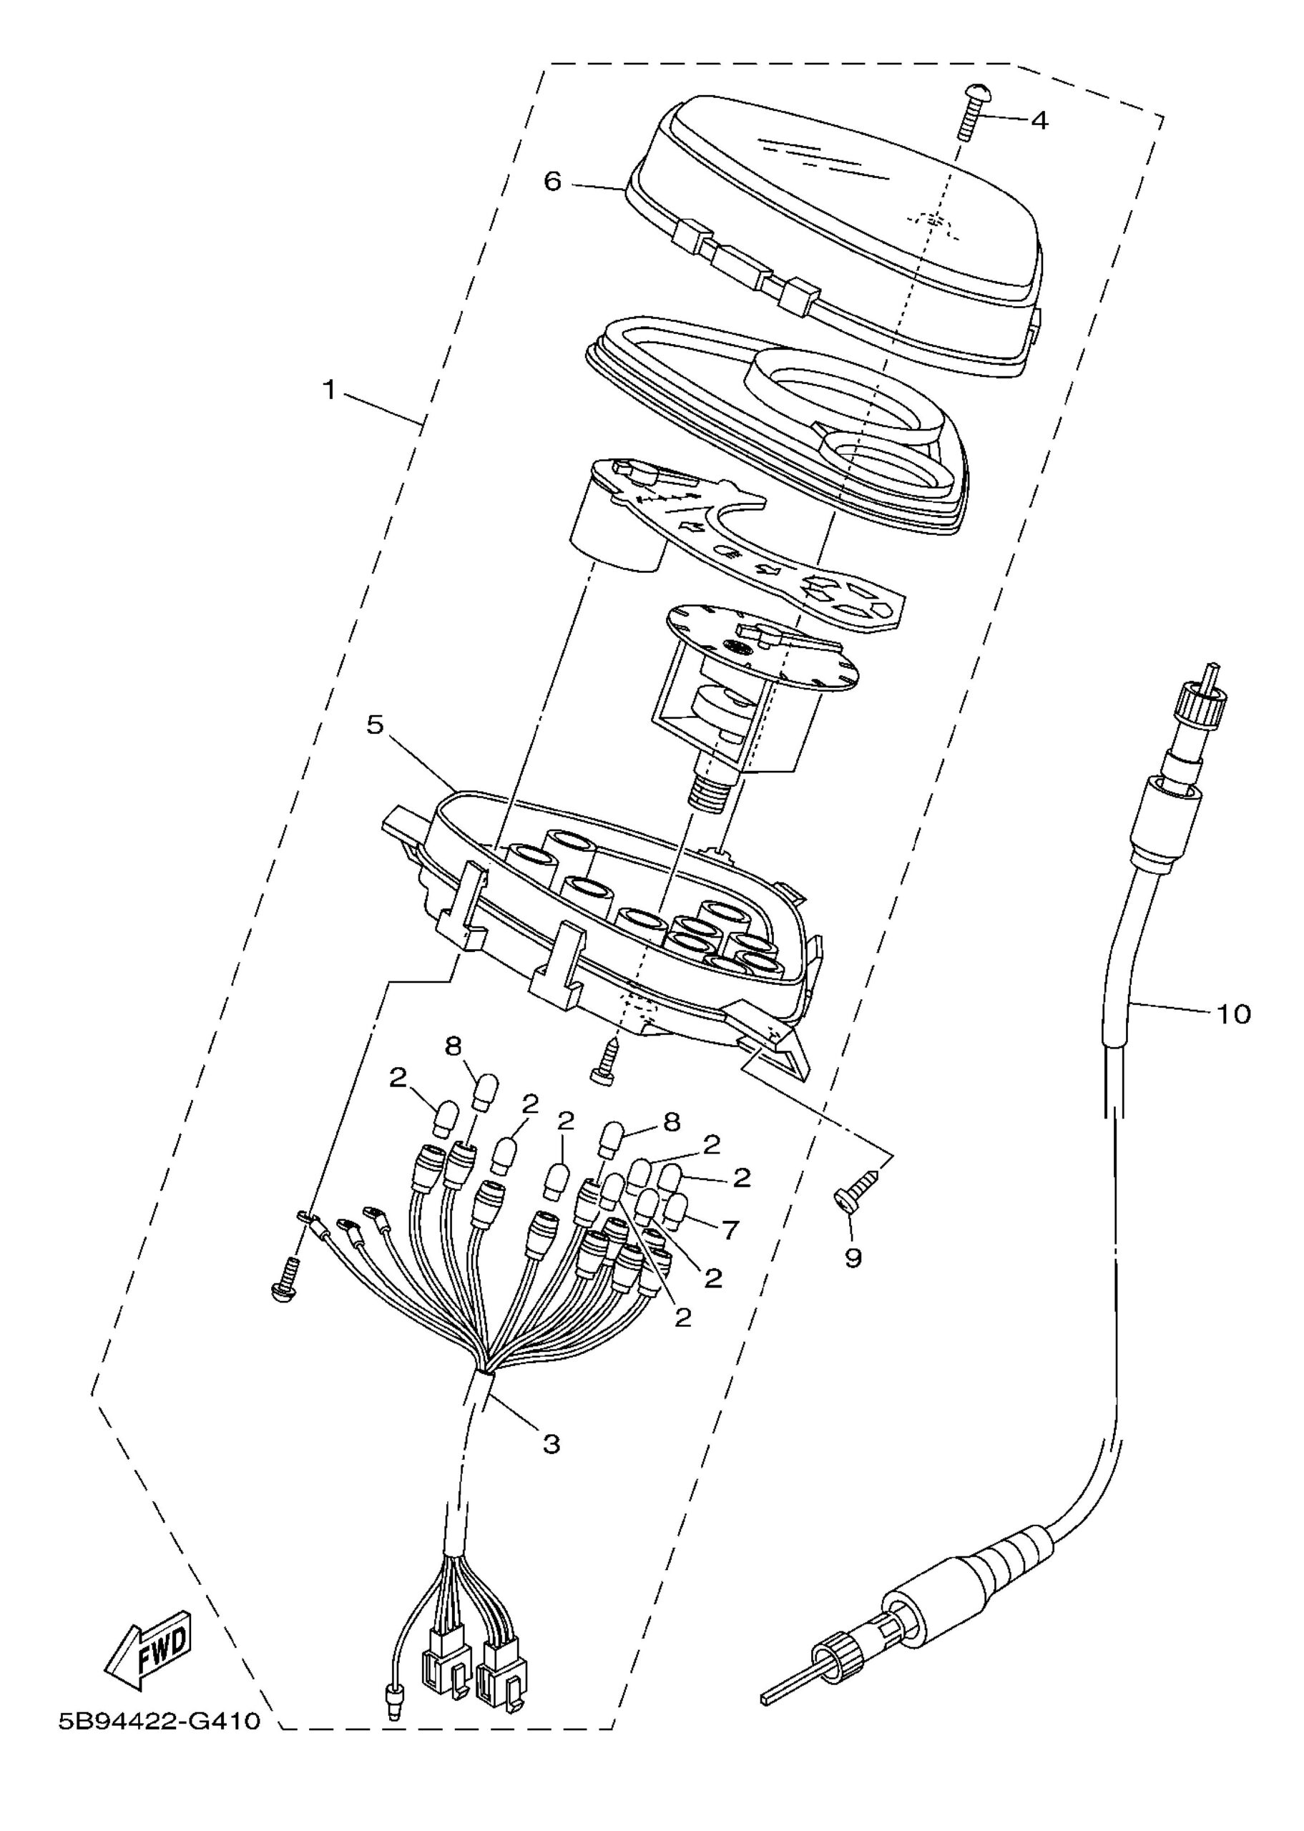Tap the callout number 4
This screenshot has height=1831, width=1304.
[x=1039, y=120]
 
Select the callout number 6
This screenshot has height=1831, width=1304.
[x=552, y=182]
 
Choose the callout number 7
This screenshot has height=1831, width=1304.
[x=731, y=1229]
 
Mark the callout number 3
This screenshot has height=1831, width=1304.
[x=551, y=1444]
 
